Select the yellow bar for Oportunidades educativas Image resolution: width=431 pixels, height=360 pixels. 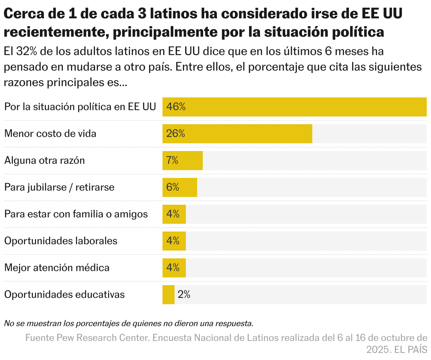click(x=169, y=295)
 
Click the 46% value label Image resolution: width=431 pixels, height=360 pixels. click(x=176, y=107)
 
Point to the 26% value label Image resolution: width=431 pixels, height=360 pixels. click(x=176, y=133)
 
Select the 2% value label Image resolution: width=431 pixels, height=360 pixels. click(x=184, y=294)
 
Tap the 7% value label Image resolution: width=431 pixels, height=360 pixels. click(x=172, y=161)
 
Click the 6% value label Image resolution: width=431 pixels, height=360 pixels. click(x=173, y=187)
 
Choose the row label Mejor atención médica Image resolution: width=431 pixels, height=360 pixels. click(x=57, y=268)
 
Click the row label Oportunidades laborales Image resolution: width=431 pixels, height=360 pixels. click(x=61, y=241)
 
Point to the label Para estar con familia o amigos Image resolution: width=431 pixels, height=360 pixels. click(x=76, y=214)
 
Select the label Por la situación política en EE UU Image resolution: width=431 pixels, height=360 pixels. click(x=80, y=107)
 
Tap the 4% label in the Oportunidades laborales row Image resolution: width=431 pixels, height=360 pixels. click(x=173, y=241)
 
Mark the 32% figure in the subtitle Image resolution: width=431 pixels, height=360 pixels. click(x=27, y=51)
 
